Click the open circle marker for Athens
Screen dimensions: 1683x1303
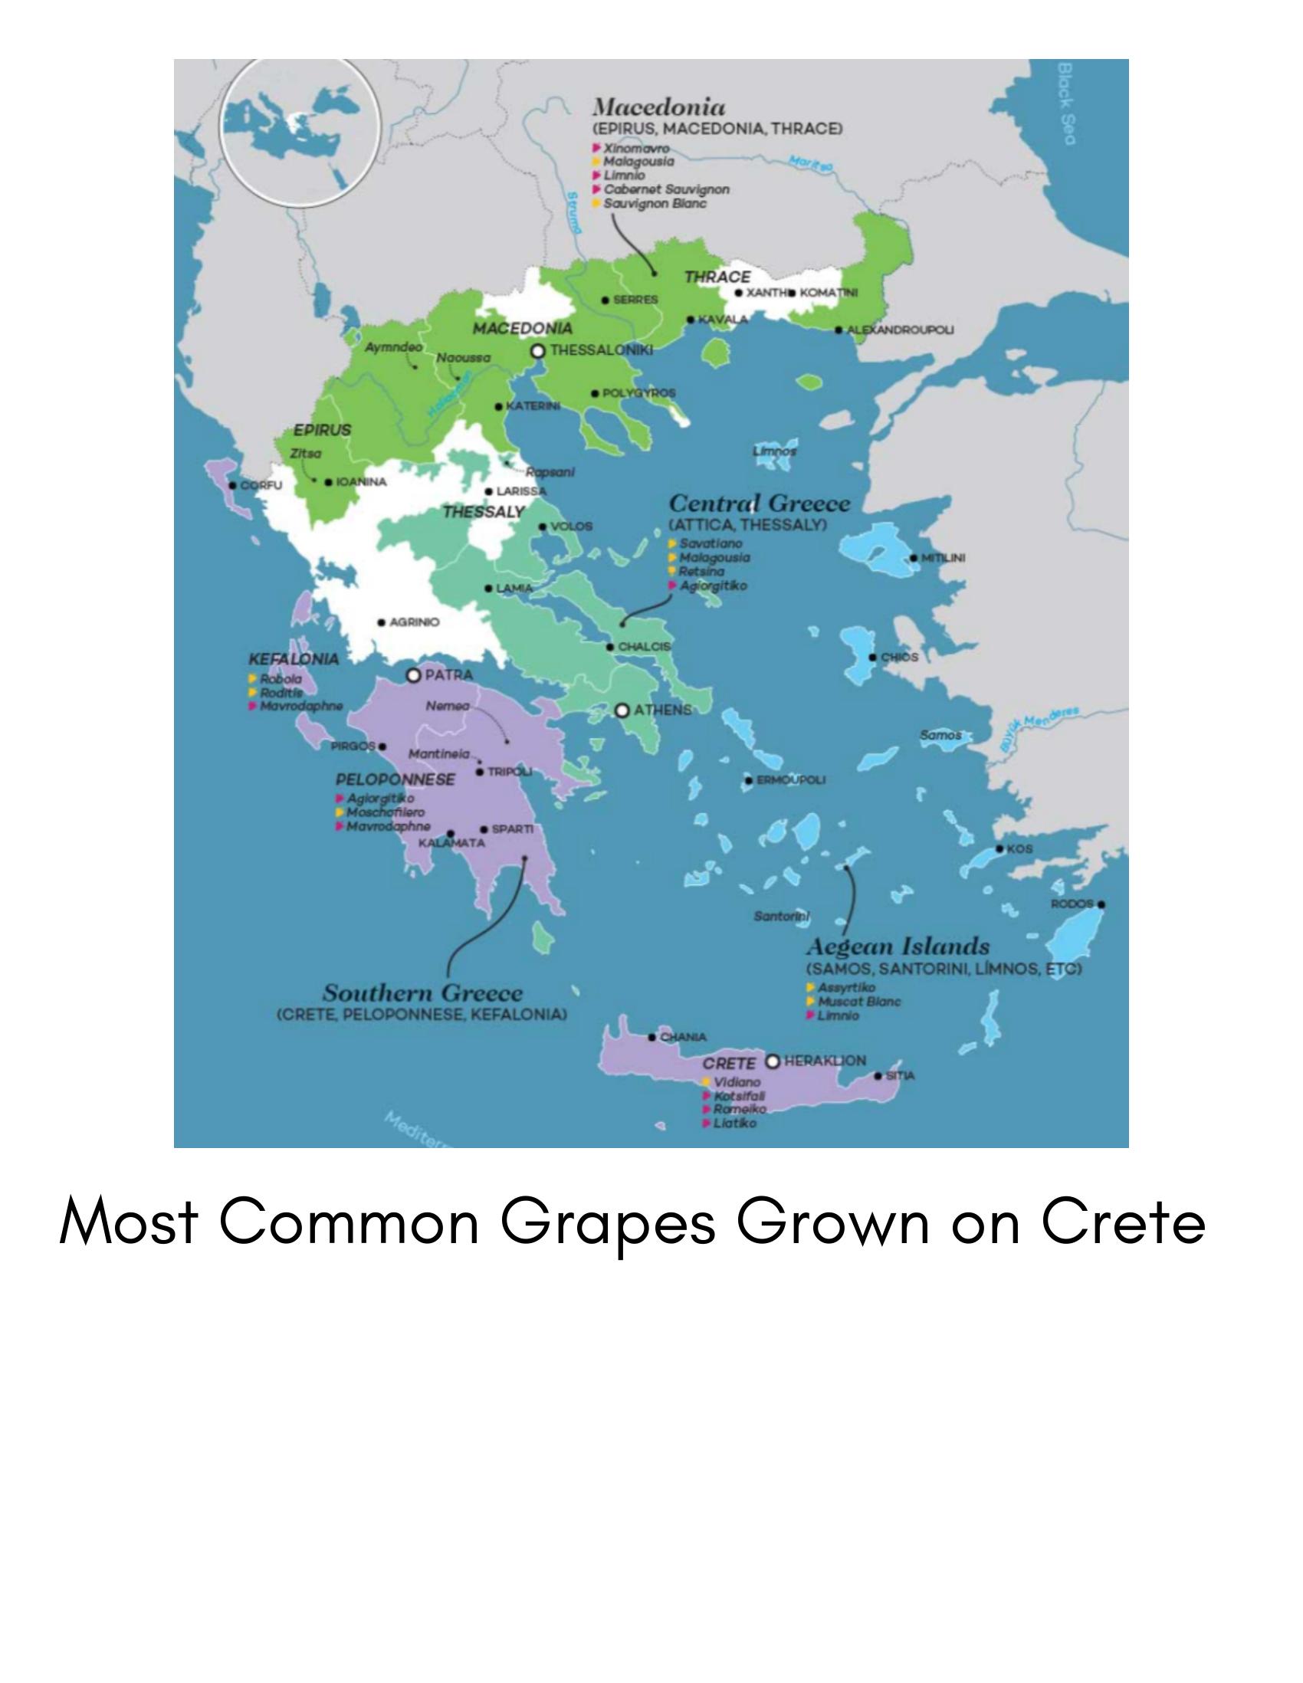622,710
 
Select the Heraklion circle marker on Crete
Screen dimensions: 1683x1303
773,1062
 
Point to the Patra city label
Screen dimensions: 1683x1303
448,675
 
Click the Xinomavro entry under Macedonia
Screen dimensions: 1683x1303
635,148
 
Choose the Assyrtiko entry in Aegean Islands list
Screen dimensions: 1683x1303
846,988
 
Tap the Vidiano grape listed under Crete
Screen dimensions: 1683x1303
736,1082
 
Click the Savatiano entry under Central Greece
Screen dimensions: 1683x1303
711,543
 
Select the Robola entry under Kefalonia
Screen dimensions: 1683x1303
281,679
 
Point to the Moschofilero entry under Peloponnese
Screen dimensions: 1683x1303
385,812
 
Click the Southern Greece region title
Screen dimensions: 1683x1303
422,992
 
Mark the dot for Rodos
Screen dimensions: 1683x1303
1101,904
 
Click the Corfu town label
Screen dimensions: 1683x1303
261,485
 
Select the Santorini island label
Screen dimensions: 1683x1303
780,917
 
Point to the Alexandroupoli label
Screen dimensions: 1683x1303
900,330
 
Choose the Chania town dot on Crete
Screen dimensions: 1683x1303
653,1037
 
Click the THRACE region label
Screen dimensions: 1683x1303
717,277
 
